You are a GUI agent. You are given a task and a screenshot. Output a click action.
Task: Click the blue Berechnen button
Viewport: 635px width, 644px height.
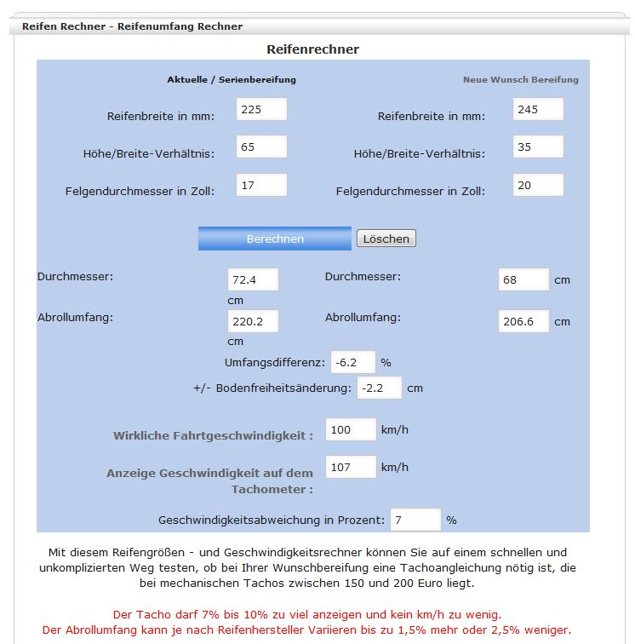coord(274,239)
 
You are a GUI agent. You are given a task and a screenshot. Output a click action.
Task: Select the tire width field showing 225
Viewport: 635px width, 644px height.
coord(260,110)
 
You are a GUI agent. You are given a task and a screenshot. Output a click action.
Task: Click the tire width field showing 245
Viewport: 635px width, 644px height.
coord(538,110)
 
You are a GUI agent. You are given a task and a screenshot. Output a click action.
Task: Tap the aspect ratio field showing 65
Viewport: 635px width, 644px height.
coord(260,147)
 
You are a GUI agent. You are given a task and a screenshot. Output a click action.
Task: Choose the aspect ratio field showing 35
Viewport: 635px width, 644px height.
coord(538,147)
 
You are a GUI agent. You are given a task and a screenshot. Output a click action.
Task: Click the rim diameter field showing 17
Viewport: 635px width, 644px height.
coord(260,185)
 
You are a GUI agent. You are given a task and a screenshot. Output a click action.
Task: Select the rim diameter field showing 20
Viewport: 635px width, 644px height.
coord(538,185)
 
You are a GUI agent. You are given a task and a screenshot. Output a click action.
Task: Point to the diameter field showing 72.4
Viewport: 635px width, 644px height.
coord(253,279)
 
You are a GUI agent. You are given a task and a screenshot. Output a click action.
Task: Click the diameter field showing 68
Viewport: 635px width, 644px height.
coord(523,279)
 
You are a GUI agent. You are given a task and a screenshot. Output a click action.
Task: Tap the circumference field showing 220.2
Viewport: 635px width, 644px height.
coord(253,321)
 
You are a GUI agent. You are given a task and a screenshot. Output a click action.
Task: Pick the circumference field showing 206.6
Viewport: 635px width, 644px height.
coord(523,321)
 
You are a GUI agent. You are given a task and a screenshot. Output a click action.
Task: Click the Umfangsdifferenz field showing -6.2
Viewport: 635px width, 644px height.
coord(352,362)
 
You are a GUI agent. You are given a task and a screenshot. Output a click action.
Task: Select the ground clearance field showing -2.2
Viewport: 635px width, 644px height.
coord(379,388)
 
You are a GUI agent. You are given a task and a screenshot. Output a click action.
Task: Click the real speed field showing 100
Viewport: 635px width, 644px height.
coord(351,429)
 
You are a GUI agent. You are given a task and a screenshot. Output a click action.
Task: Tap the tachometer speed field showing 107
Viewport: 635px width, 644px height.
coord(351,467)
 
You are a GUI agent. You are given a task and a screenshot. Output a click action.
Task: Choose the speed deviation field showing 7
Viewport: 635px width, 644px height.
coord(415,520)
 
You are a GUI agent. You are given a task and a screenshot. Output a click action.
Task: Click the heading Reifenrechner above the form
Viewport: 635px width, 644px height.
coord(312,49)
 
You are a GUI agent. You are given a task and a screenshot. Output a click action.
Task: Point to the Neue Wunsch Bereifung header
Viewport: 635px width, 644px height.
coord(520,80)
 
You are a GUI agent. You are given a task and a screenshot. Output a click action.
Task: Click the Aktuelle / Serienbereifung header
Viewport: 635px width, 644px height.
coord(232,80)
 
